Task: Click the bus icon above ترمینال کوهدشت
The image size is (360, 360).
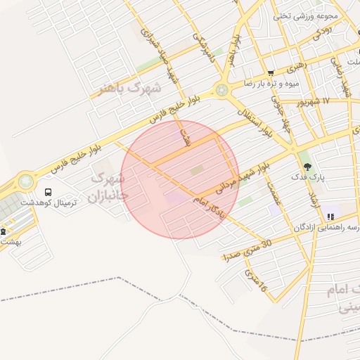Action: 48,192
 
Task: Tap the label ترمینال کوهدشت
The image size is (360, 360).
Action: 48,202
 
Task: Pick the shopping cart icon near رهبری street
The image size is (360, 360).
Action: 271,73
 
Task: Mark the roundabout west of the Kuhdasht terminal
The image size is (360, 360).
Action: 26,181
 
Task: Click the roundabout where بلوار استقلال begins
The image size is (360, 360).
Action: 222,90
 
